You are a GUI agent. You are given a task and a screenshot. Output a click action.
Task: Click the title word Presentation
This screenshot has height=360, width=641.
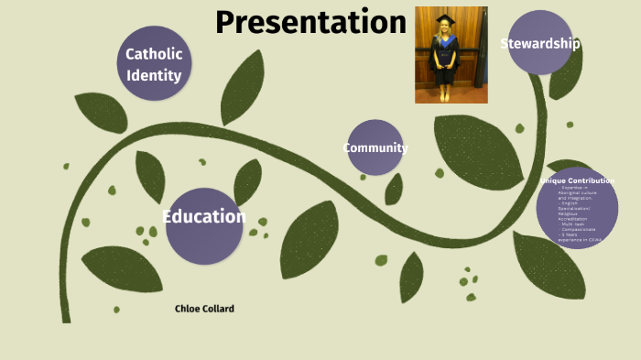point(310,22)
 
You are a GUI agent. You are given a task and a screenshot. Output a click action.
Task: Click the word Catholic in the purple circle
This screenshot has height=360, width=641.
point(154,54)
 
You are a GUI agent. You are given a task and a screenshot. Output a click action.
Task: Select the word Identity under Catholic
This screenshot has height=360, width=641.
point(154,75)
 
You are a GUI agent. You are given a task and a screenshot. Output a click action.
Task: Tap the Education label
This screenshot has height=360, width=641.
point(204,217)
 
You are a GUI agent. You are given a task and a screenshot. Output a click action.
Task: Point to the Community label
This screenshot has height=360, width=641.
point(375,147)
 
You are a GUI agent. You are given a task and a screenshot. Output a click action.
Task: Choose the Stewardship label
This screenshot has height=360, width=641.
point(540,43)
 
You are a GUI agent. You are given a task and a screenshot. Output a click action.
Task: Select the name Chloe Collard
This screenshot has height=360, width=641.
point(204,309)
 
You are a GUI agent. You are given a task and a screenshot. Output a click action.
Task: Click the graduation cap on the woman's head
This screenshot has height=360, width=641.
point(445,17)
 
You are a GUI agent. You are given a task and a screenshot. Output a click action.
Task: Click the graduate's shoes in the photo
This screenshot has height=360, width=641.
point(445,96)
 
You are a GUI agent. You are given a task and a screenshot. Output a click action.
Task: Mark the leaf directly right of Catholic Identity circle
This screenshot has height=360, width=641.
point(243,86)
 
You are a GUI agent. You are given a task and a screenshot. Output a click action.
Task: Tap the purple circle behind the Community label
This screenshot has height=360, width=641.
point(375,160)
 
